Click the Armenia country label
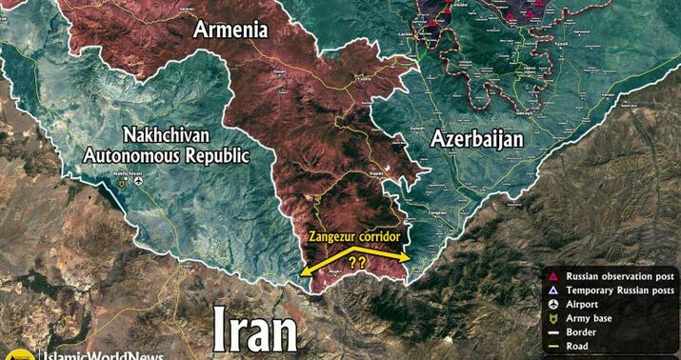(231, 29)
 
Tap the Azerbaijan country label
(477, 138)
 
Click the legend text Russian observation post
(620, 275)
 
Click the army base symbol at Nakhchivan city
(122, 184)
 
